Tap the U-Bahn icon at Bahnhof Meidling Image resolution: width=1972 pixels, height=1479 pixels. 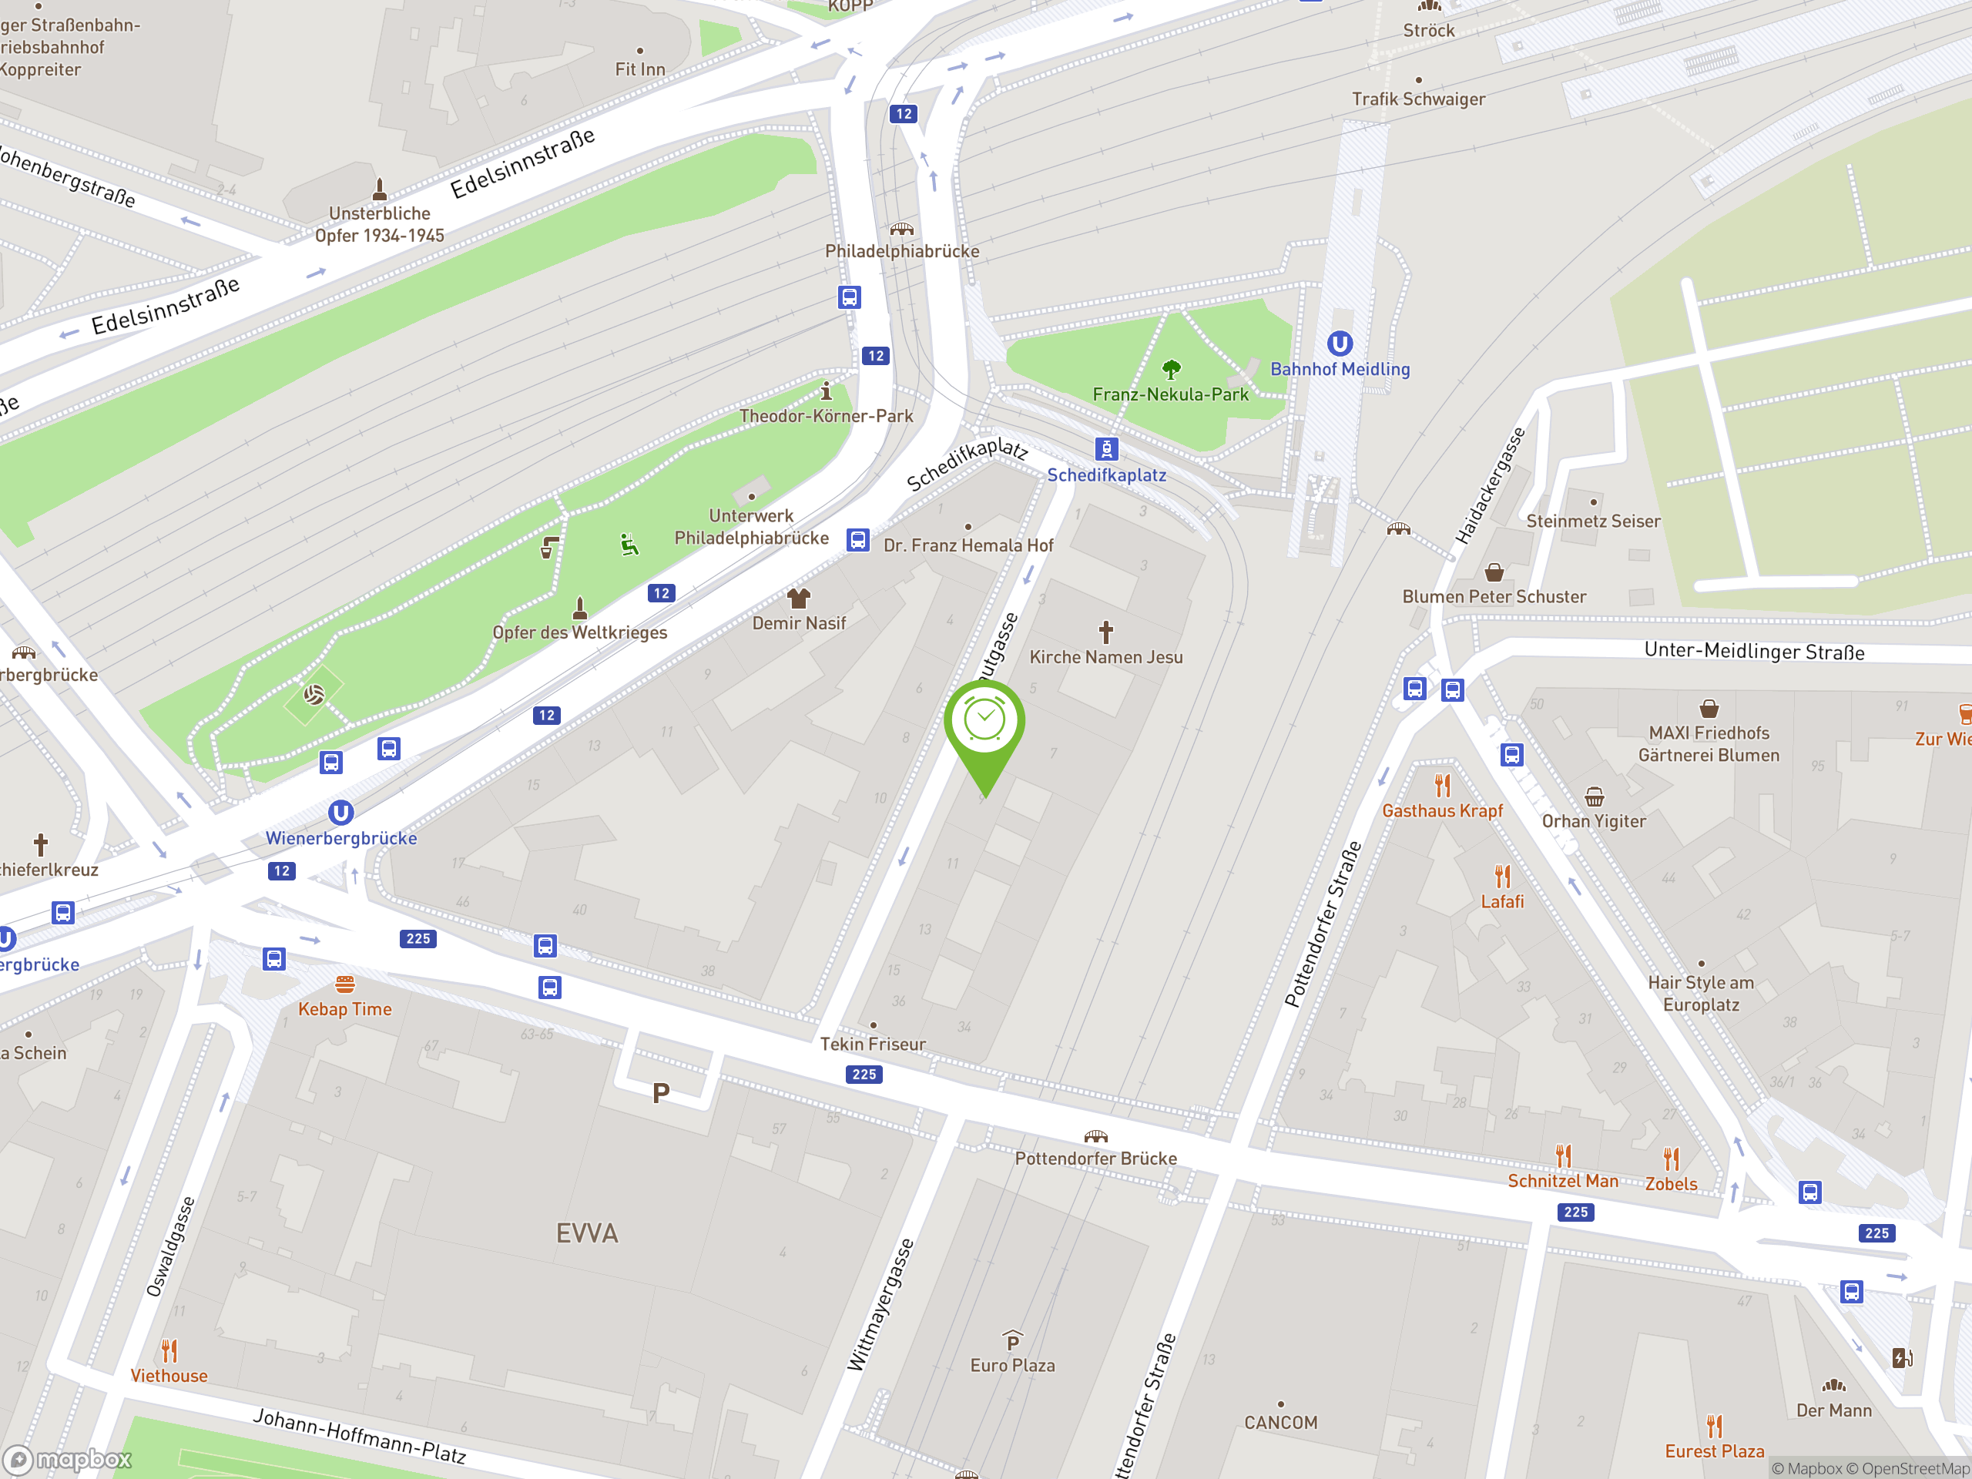point(1339,344)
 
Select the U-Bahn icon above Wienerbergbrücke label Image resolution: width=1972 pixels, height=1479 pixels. point(340,812)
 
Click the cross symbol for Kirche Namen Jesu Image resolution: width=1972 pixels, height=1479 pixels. point(1105,632)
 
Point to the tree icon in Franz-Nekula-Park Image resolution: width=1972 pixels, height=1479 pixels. point(1172,368)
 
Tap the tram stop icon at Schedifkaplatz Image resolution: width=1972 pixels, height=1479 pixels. point(1105,448)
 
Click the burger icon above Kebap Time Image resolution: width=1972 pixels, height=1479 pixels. point(345,984)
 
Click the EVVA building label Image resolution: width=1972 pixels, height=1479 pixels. point(587,1233)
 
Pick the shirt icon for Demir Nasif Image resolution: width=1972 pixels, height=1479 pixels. point(798,597)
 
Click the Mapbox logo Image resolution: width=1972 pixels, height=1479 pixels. point(68,1460)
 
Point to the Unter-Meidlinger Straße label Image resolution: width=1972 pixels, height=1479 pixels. point(1753,651)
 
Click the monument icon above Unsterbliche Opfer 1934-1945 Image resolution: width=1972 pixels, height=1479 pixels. point(380,188)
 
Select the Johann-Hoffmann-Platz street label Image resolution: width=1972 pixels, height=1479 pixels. point(359,1435)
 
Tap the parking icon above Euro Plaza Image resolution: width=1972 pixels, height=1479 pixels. point(1012,1341)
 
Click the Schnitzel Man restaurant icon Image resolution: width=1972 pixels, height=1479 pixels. point(1563,1156)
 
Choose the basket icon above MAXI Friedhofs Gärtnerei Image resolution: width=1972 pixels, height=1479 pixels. point(1708,709)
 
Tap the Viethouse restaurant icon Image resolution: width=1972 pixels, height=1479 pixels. point(169,1350)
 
